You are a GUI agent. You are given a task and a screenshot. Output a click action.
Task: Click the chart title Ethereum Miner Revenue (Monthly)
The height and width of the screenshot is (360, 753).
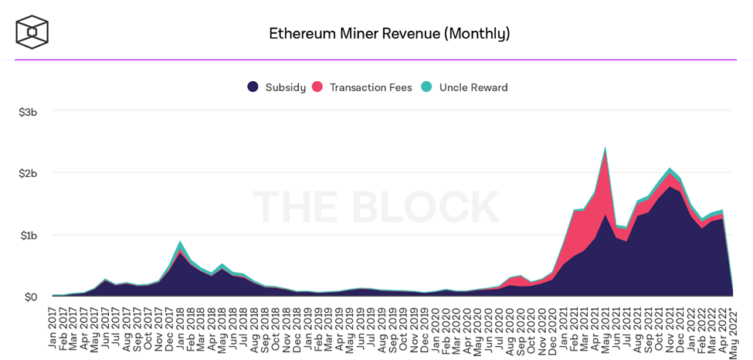click(x=389, y=33)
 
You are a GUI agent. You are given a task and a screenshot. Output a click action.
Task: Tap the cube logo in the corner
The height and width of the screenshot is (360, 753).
click(x=32, y=32)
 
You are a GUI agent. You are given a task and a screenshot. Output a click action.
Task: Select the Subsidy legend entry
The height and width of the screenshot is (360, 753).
click(x=276, y=87)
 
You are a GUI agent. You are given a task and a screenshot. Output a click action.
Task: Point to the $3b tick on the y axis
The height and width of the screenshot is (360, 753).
click(x=28, y=112)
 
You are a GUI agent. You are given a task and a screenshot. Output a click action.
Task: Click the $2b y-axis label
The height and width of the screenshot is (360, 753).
click(x=28, y=173)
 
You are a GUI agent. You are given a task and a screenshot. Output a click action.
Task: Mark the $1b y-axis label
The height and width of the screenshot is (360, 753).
click(x=28, y=235)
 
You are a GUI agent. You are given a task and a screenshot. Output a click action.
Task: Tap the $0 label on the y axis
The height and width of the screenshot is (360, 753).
click(x=30, y=297)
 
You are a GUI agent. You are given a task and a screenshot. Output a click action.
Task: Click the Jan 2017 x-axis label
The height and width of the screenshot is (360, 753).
click(x=53, y=328)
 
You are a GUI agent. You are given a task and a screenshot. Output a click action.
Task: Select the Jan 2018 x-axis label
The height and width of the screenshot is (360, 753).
click(x=181, y=328)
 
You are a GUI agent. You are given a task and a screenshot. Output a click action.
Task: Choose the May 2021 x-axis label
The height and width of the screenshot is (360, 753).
click(x=605, y=328)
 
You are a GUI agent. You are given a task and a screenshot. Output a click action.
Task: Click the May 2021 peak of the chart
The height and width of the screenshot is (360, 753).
click(x=605, y=148)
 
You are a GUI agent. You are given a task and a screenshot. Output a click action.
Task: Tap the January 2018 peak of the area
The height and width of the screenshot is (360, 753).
click(x=180, y=242)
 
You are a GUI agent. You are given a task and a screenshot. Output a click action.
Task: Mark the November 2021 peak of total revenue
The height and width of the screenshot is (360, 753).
click(x=670, y=168)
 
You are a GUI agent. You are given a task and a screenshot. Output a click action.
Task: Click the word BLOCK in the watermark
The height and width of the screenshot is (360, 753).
click(x=432, y=207)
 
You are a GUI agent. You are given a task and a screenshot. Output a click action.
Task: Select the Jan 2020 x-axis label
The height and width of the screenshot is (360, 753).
click(x=436, y=328)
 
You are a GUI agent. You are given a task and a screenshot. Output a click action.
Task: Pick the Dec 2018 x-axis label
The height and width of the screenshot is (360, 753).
click(x=297, y=328)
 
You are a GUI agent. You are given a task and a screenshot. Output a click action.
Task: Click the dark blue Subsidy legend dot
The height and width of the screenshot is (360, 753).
click(x=253, y=87)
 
